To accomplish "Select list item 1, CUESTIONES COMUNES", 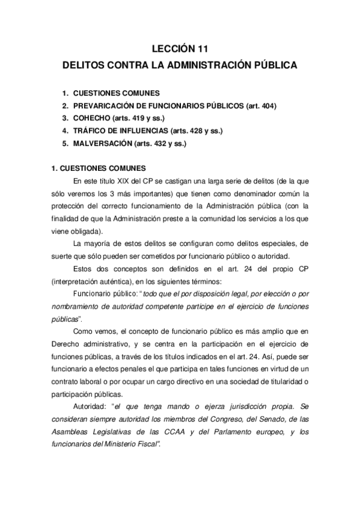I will point(116,93).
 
